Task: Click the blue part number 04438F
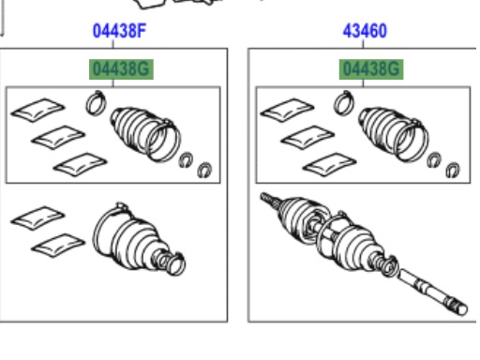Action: click(120, 31)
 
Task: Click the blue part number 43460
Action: click(365, 31)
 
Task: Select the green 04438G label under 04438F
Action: click(121, 69)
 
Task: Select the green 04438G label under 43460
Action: click(371, 69)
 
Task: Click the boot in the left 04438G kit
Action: click(145, 134)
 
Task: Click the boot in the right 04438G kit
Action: click(394, 134)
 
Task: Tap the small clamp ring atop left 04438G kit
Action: click(97, 102)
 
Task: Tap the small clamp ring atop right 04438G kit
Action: click(344, 102)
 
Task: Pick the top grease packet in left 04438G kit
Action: click(37, 110)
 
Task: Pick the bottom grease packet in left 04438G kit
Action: click(81, 164)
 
